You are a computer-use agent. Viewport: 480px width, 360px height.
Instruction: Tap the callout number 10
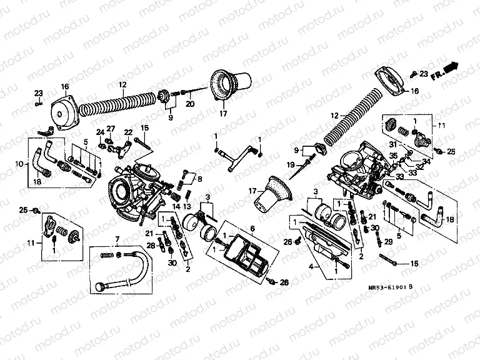click(x=19, y=164)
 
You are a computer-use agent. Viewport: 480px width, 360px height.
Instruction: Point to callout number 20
click(x=190, y=104)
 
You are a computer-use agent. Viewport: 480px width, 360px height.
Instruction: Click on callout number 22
click(x=127, y=132)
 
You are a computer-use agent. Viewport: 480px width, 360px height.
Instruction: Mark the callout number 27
click(x=111, y=128)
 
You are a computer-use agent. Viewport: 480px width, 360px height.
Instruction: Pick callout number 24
click(x=99, y=132)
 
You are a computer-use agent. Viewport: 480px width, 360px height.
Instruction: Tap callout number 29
click(x=387, y=241)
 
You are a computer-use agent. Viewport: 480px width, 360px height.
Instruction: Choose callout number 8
click(x=200, y=179)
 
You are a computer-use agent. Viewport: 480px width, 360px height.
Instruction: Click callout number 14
click(x=176, y=206)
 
